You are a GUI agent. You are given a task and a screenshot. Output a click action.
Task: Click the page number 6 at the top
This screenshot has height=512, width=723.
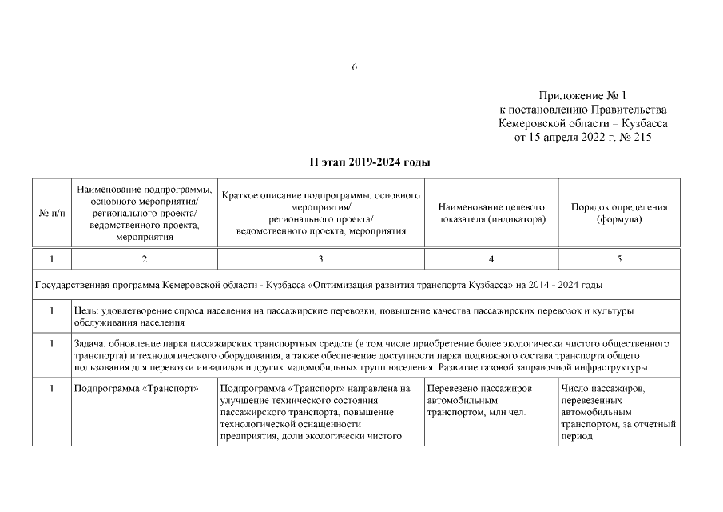tap(354, 66)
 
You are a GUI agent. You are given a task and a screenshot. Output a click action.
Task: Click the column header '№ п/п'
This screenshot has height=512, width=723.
tap(51, 214)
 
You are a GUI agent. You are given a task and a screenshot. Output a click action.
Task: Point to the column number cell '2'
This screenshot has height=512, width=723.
tap(144, 259)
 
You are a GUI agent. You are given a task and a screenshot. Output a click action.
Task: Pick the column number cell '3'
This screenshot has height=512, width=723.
tap(320, 259)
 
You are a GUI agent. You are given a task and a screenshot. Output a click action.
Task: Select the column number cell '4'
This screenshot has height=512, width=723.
tap(491, 259)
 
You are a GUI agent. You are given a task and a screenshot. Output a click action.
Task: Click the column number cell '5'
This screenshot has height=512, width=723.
tap(619, 259)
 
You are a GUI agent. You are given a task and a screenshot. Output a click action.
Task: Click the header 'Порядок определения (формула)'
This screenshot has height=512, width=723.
tap(619, 213)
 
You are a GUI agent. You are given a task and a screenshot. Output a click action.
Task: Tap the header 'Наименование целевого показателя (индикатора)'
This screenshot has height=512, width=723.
tap(491, 213)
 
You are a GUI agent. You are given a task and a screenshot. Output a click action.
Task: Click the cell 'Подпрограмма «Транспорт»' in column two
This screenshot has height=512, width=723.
tap(136, 389)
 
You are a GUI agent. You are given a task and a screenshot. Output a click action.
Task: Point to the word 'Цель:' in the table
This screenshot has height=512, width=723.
tap(86, 310)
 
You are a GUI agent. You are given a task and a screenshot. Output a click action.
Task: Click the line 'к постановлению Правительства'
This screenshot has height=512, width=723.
tap(583, 110)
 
